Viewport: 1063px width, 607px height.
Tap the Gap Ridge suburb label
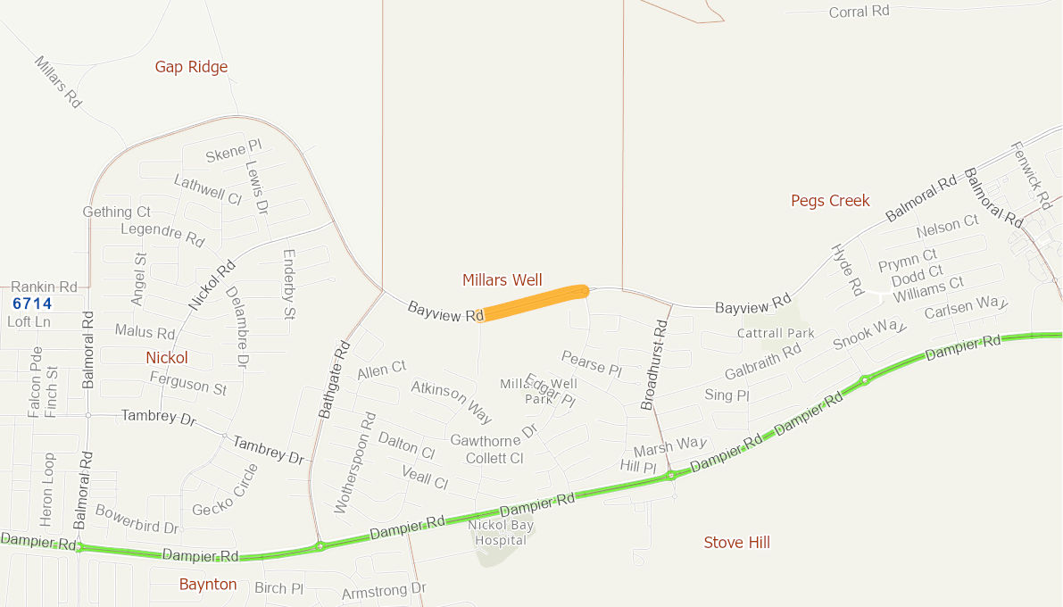pyautogui.click(x=191, y=67)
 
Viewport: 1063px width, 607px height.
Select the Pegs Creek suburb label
pyautogui.click(x=830, y=201)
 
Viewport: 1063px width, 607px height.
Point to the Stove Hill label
pyautogui.click(x=736, y=543)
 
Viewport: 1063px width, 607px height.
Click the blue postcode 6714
pyautogui.click(x=32, y=303)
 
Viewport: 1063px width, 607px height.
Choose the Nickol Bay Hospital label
pyautogui.click(x=501, y=533)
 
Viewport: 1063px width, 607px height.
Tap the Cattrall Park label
pyautogui.click(x=776, y=333)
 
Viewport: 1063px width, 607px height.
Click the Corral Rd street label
pyautogui.click(x=859, y=12)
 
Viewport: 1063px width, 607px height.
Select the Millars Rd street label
pyautogui.click(x=58, y=82)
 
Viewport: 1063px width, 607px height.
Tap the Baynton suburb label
pyautogui.click(x=208, y=585)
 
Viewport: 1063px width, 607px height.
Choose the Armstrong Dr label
pyautogui.click(x=384, y=591)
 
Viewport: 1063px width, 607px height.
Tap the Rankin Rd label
pyautogui.click(x=44, y=287)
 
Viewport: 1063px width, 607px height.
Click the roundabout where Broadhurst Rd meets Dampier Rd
pyautogui.click(x=670, y=476)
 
